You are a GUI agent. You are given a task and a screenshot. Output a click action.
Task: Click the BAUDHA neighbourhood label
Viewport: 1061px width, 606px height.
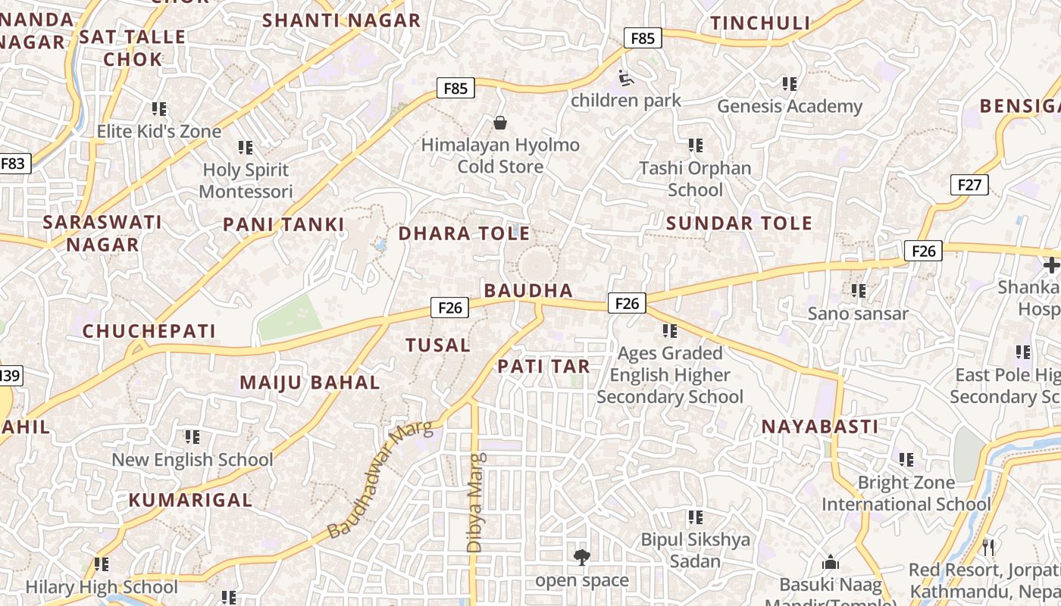click(x=528, y=290)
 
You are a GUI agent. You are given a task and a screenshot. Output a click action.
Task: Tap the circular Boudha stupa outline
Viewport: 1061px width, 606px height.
click(x=537, y=264)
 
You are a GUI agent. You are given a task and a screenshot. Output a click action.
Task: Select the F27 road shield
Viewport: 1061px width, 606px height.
click(x=969, y=184)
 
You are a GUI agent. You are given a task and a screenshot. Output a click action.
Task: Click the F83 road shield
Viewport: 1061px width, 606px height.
click(x=14, y=163)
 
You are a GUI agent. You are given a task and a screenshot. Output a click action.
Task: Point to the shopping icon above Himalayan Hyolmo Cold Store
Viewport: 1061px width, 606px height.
click(x=500, y=123)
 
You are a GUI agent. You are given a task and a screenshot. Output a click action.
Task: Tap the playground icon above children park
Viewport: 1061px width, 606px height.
click(x=625, y=78)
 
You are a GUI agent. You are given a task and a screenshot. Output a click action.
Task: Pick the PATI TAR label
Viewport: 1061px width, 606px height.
click(x=543, y=367)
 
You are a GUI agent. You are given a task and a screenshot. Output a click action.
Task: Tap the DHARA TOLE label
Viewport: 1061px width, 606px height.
click(x=464, y=233)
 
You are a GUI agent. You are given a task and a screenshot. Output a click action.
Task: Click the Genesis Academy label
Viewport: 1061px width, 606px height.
click(x=790, y=106)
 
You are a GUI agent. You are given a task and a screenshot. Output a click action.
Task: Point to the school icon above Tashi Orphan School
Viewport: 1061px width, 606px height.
click(x=695, y=145)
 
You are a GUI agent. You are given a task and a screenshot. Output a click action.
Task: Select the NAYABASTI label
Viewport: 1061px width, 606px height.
click(x=820, y=426)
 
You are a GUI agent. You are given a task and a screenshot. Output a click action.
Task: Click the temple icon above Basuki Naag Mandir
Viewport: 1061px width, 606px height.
click(x=831, y=563)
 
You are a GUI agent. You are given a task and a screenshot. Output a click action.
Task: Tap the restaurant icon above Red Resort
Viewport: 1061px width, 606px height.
click(x=987, y=546)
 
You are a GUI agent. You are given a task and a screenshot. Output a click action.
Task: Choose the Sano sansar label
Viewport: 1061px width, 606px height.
click(x=858, y=313)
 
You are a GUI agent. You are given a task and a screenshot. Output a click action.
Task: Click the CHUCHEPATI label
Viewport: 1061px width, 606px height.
click(x=149, y=331)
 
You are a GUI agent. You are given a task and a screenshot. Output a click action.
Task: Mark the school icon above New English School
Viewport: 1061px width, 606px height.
click(x=192, y=437)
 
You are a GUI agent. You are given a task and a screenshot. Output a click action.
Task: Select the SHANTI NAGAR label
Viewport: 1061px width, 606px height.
click(x=341, y=20)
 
